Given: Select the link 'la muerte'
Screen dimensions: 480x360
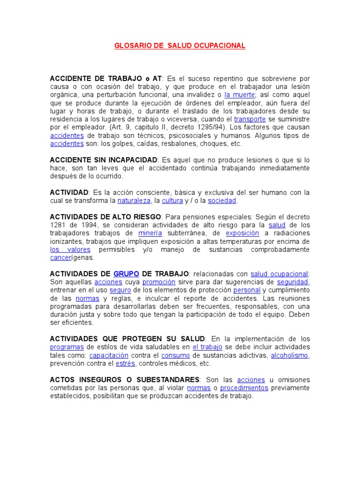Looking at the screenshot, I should pos(240,95).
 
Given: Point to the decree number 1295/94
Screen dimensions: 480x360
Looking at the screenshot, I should pos(208,127).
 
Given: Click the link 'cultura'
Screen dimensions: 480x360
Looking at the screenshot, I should pos(172,201).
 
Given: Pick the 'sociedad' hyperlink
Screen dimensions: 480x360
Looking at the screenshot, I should pos(222,201).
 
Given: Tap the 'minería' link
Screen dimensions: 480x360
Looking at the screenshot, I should pos(150,233).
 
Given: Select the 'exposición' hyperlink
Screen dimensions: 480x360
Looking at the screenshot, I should pos(242,233).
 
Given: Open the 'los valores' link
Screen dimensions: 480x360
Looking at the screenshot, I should pos(63,250).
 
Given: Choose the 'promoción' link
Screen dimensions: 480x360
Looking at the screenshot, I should pos(159,282).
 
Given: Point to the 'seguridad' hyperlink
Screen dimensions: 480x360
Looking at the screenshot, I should pos(292,282).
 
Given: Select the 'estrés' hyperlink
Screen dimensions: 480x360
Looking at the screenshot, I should pos(125,364).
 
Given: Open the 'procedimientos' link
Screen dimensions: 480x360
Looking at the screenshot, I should pos(244,388).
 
